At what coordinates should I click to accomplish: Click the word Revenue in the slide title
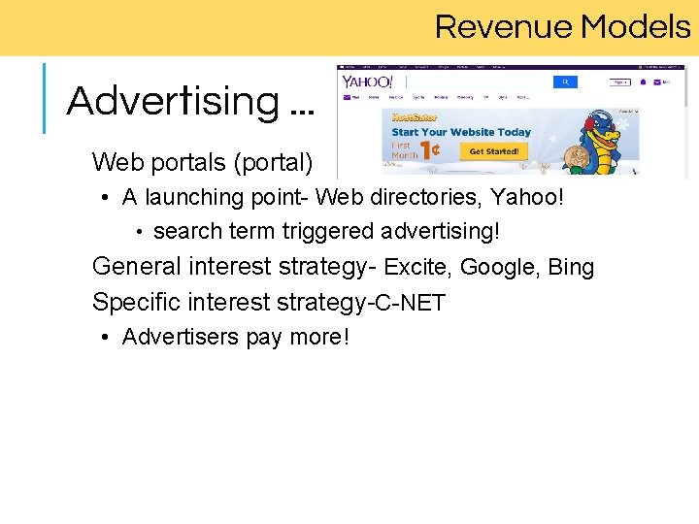click(x=502, y=27)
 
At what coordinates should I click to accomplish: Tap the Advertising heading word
click(x=173, y=101)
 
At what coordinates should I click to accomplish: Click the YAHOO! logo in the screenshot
click(x=367, y=82)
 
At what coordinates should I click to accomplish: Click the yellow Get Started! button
click(x=494, y=151)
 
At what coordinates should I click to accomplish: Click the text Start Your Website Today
click(x=460, y=132)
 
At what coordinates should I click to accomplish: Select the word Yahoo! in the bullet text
click(x=527, y=198)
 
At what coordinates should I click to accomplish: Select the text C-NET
click(x=411, y=303)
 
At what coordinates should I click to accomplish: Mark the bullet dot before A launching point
click(x=104, y=199)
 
